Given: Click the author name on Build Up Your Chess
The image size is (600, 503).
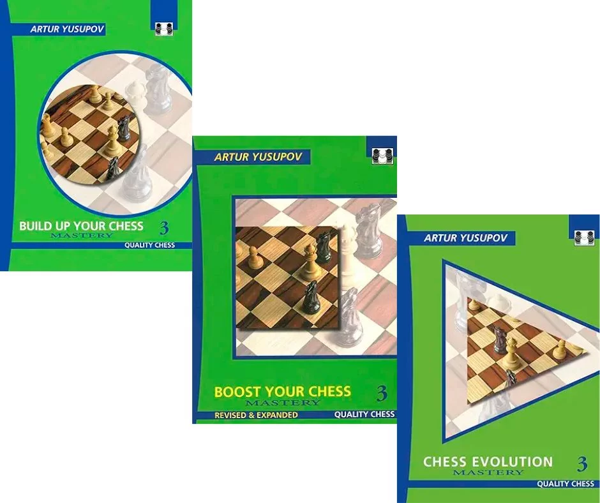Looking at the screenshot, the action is tap(67, 30).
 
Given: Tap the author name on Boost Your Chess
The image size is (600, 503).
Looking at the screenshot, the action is tap(259, 157).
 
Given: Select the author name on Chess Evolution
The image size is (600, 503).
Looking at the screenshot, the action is tap(465, 237).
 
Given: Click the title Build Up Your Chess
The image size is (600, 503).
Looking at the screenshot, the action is tap(82, 226).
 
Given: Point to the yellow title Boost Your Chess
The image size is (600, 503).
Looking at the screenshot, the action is tap(282, 391).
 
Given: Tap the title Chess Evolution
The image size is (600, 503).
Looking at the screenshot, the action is tap(488, 462).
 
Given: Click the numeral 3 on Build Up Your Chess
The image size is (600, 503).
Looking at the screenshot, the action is tap(164, 228).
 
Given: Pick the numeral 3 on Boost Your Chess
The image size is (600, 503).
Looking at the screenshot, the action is tap(382, 394).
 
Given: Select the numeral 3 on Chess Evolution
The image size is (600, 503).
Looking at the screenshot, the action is tap(582, 464).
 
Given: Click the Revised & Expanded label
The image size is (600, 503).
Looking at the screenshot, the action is tap(256, 415).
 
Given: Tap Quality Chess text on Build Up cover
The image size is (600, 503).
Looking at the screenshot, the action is tap(149, 245).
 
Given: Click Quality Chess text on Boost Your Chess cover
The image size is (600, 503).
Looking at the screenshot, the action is tap(364, 414).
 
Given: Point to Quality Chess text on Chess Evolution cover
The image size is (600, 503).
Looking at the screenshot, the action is tap(566, 484).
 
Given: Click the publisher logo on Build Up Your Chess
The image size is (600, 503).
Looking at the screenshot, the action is tap(164, 29).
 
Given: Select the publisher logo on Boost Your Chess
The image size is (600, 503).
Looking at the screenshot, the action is tap(382, 156).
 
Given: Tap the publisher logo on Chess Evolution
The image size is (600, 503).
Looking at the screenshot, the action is tap(584, 238).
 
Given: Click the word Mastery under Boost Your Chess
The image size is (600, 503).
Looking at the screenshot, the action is tap(282, 403).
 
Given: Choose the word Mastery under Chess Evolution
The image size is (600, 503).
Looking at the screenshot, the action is tap(488, 472).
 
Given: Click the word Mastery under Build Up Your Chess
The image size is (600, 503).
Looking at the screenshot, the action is tap(82, 236).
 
